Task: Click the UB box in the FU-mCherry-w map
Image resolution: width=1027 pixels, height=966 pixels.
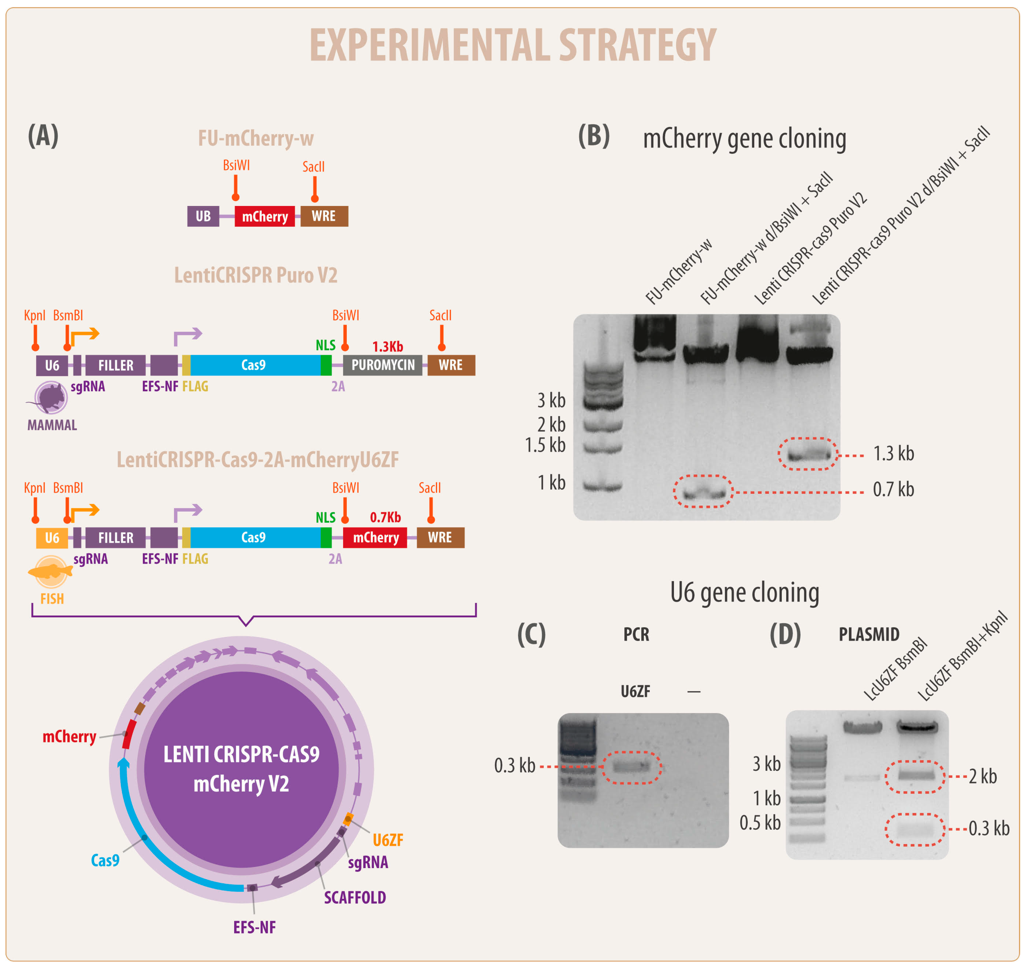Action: (x=203, y=216)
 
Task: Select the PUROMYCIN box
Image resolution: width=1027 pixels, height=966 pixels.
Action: (x=383, y=365)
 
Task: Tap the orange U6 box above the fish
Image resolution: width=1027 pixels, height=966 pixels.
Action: (x=52, y=538)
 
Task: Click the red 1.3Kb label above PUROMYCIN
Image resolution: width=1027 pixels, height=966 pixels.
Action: (x=387, y=346)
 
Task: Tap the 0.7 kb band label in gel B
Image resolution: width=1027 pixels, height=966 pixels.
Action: (x=893, y=489)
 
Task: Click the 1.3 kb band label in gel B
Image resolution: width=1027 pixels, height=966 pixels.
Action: (x=893, y=453)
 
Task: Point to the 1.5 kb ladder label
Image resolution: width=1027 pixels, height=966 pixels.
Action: (x=545, y=445)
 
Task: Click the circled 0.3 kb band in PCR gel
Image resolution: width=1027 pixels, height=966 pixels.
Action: (x=631, y=766)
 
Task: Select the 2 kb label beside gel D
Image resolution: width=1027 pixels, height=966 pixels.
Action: (x=983, y=776)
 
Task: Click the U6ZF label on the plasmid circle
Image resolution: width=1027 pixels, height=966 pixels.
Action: (x=388, y=840)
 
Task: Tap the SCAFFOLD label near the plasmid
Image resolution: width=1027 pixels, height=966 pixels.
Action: (x=355, y=897)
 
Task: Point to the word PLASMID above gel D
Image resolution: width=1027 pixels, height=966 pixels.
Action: (x=869, y=634)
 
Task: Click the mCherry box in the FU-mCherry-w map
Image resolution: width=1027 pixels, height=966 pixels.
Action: (x=264, y=216)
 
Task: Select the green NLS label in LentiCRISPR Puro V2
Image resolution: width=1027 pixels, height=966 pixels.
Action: (x=326, y=345)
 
